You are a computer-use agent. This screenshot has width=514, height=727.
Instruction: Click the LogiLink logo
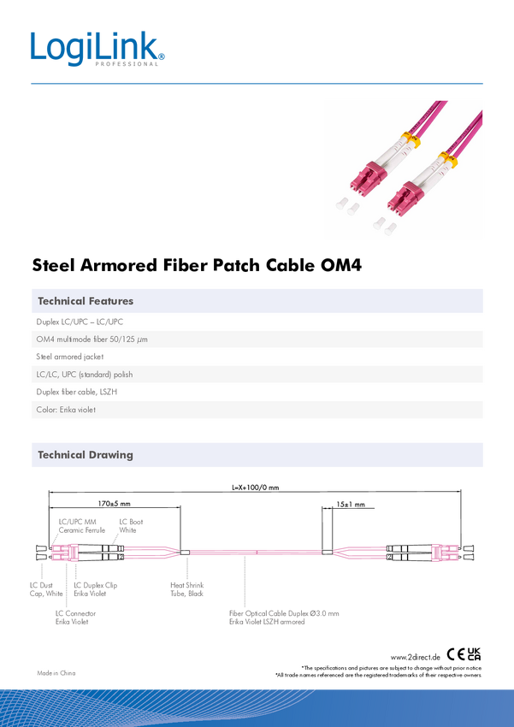pos(97,49)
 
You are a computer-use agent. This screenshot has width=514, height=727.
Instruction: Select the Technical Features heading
pos(86,301)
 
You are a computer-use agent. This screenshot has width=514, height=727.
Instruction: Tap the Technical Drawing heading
pos(86,455)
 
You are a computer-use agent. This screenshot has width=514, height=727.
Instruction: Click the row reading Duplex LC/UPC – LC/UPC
pos(86,322)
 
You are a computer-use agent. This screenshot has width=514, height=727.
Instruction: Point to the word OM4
pos(45,340)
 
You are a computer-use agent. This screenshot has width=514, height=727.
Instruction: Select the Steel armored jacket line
pos(70,358)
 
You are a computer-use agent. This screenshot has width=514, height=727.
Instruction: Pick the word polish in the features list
pos(121,375)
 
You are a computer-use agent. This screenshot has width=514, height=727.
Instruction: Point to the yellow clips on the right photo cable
pos(446,160)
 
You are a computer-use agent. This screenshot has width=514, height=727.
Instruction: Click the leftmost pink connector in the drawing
pos(65,553)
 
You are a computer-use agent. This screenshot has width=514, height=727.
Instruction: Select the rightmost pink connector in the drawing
pos(446,553)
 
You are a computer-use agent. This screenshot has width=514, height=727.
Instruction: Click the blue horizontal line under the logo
pos(257,84)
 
